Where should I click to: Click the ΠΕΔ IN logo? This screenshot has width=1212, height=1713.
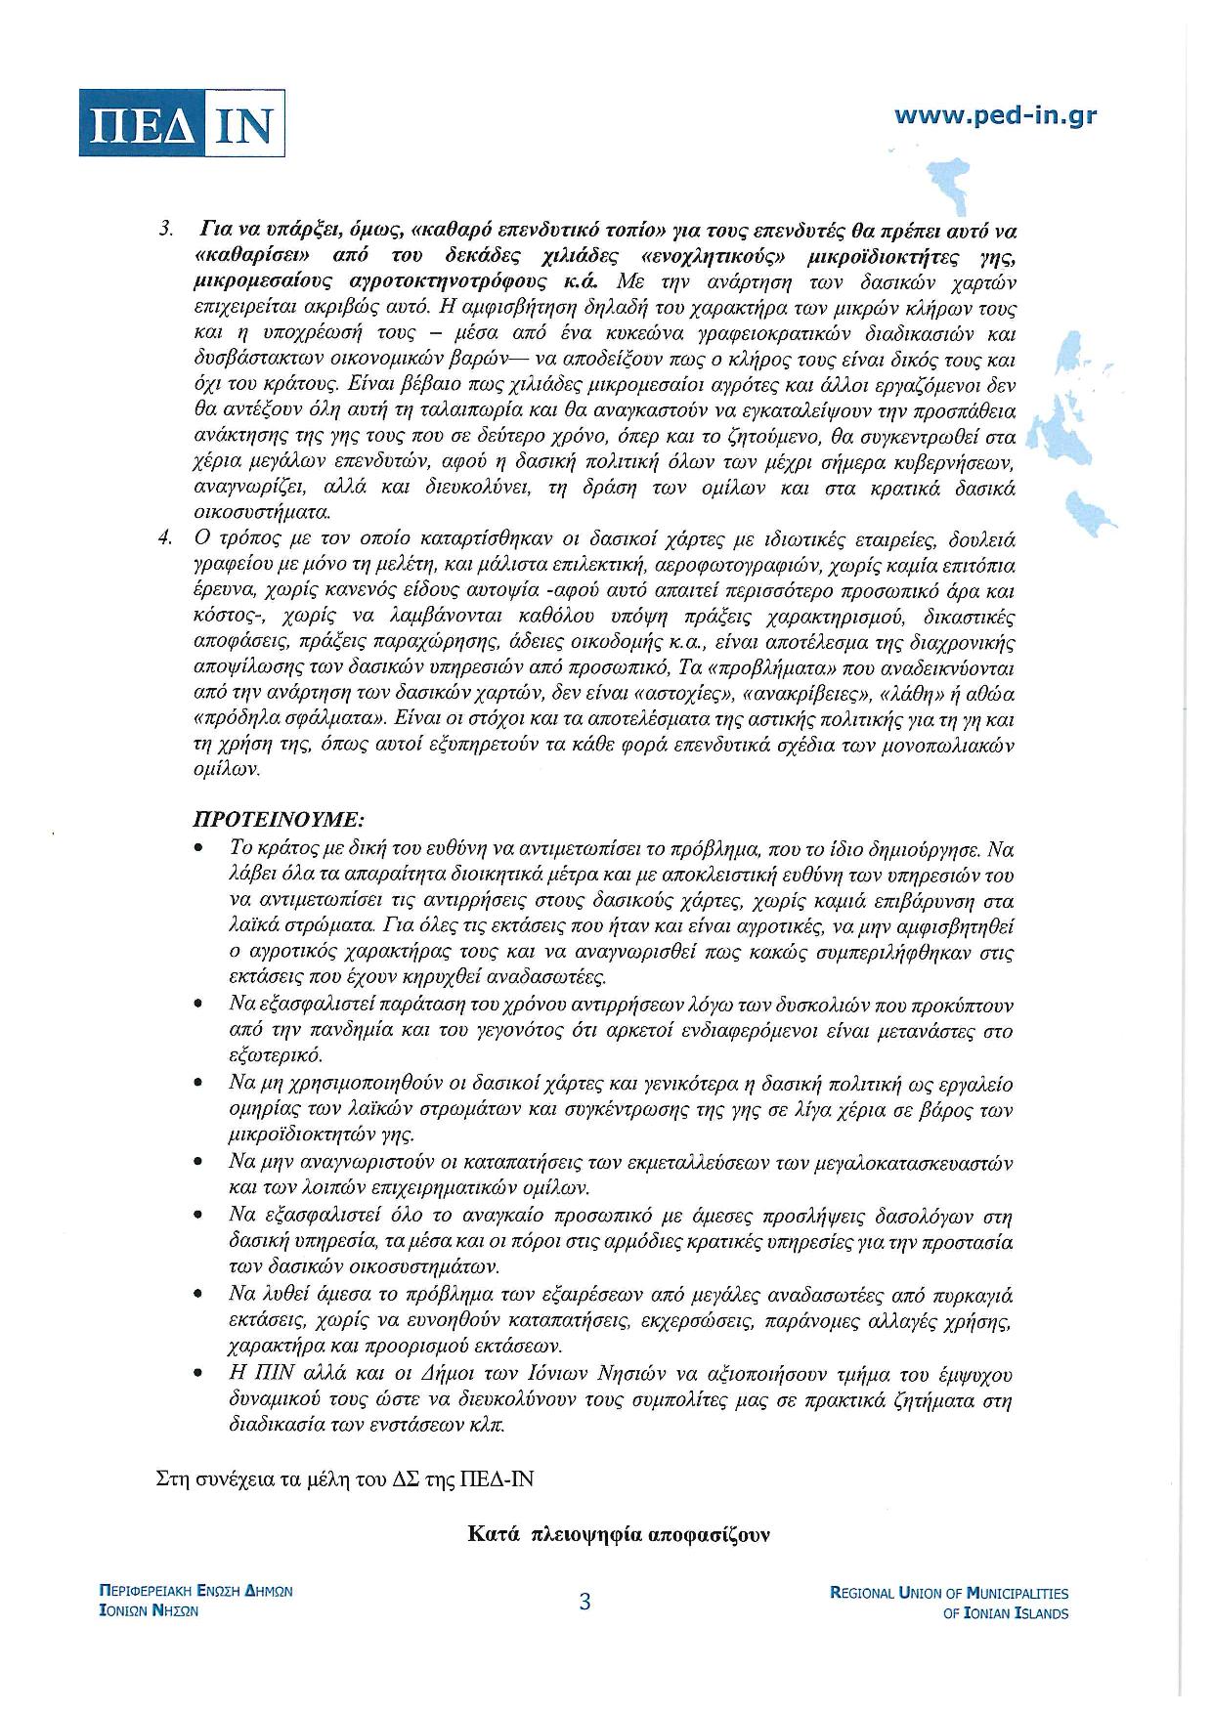[x=181, y=122]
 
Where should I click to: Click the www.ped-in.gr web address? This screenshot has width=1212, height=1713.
[x=995, y=115]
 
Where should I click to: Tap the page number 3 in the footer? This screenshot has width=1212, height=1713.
[x=584, y=1602]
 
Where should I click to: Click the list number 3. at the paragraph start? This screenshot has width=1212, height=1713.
[x=166, y=230]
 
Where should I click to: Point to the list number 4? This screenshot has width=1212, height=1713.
[x=166, y=538]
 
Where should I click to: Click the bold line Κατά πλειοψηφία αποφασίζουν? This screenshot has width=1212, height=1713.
[x=619, y=1534]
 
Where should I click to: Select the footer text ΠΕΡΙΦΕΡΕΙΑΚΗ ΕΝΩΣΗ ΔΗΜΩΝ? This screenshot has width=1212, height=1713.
[x=196, y=1591]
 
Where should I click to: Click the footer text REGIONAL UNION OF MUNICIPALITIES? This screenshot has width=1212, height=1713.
[x=948, y=1593]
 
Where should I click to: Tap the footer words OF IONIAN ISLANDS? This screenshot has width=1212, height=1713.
[x=1005, y=1614]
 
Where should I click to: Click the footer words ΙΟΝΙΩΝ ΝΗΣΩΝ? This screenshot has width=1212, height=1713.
[x=149, y=1611]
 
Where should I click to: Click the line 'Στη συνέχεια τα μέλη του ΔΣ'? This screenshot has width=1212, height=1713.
[x=345, y=1478]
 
